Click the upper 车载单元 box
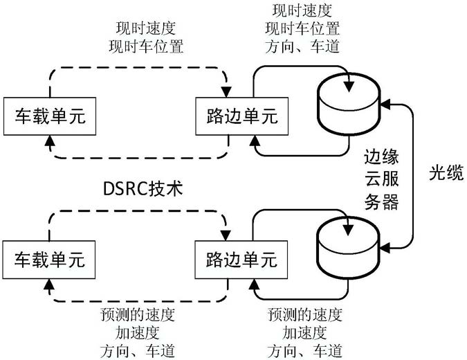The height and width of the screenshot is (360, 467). tap(50, 116)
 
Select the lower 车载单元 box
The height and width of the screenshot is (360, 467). tap(49, 260)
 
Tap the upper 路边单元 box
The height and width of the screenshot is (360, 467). tap(242, 116)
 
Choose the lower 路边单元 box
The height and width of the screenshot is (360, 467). tap(241, 260)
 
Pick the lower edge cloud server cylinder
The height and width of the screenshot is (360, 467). tap(348, 247)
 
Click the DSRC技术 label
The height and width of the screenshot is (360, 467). tap(143, 188)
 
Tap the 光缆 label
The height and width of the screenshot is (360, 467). tap(446, 172)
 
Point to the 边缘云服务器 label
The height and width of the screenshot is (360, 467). tap(382, 179)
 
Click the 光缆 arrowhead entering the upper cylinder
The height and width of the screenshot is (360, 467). tap(385, 105)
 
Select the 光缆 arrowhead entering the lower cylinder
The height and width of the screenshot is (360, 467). tap(385, 248)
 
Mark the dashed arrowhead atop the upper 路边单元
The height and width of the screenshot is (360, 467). tap(226, 92)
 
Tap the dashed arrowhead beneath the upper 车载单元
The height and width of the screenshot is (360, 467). tap(50, 141)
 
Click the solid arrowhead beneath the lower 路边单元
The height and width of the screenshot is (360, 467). tap(254, 284)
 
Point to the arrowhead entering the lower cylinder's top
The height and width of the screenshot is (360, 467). tap(348, 230)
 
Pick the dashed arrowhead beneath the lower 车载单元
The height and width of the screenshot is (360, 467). tap(49, 285)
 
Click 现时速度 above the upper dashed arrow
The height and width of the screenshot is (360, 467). tap(146, 28)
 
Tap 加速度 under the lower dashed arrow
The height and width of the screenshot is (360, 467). tap(137, 333)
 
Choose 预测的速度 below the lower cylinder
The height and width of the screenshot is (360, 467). tap(304, 315)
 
